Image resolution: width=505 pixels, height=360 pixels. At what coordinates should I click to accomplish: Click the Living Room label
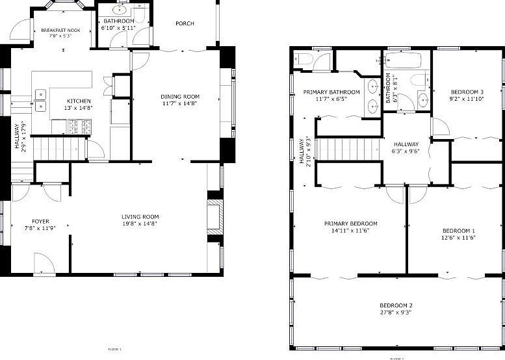click(x=140, y=217)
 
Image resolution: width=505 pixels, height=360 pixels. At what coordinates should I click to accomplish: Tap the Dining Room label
click(x=180, y=97)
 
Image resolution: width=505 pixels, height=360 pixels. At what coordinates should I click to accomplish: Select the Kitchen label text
click(x=79, y=101)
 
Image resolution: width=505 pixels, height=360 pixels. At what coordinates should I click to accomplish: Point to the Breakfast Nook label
click(x=60, y=31)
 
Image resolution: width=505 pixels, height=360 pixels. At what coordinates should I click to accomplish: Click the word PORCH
click(x=185, y=23)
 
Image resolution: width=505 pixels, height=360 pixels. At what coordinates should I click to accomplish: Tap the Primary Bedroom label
click(x=351, y=224)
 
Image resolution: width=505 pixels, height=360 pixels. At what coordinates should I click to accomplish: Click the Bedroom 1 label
click(x=459, y=231)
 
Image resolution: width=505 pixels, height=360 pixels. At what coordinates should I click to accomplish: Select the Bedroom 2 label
click(x=396, y=305)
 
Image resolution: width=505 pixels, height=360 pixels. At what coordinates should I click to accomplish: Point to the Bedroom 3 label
click(x=467, y=92)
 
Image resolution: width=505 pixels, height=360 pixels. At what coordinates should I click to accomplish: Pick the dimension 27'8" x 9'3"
click(x=396, y=313)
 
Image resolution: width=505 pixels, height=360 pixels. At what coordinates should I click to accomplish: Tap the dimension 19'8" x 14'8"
click(x=140, y=224)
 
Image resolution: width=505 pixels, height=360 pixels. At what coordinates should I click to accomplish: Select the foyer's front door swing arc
click(x=44, y=263)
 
